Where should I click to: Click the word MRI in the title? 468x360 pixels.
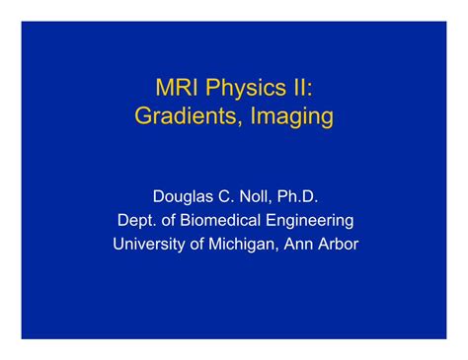coord(178,89)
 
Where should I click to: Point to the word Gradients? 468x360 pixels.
coord(186,117)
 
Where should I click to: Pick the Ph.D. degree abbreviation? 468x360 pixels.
coord(300,196)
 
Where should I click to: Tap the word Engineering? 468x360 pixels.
coord(311,220)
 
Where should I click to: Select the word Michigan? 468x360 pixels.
coord(246,244)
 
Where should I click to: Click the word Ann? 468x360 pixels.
coord(302,244)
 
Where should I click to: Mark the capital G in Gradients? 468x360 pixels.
coord(143,117)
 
